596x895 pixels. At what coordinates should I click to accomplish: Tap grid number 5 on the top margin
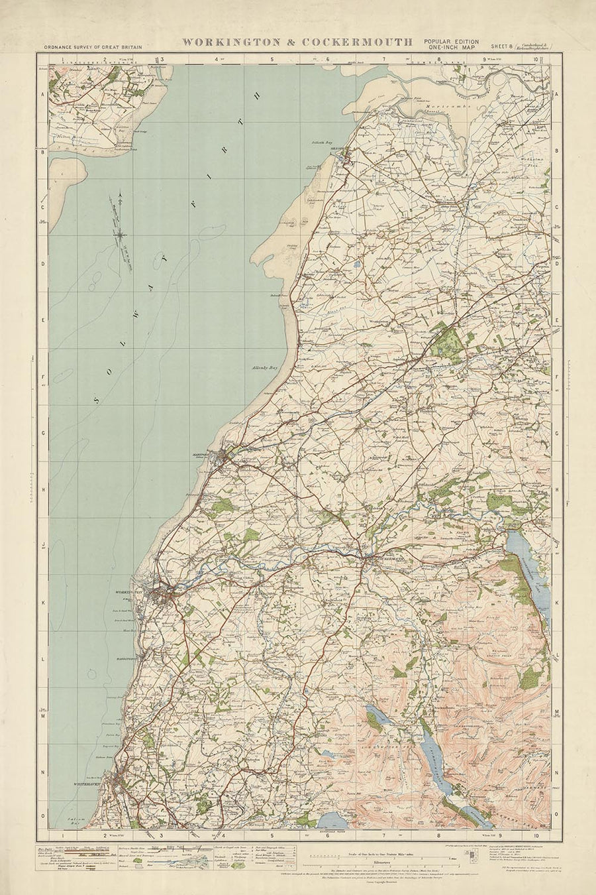[x=272, y=59]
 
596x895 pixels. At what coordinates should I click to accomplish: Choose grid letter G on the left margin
[x=43, y=432]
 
